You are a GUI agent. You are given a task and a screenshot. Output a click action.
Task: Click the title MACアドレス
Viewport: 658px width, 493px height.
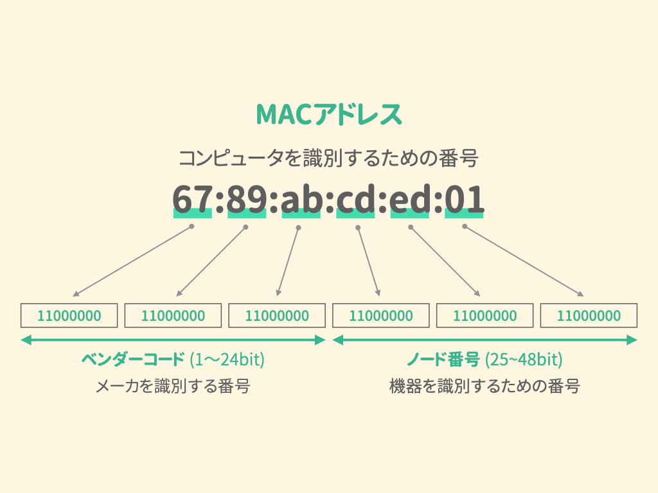(328, 114)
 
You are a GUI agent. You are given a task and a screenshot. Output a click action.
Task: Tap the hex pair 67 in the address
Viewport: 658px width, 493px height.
(192, 200)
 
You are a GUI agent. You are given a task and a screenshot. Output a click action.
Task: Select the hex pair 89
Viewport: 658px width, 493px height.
(246, 200)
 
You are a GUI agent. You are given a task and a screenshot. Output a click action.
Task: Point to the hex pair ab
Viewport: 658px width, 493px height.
(301, 200)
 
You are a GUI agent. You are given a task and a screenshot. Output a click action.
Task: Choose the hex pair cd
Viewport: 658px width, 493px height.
(355, 200)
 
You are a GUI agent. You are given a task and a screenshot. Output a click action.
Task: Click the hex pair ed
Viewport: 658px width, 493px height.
(410, 200)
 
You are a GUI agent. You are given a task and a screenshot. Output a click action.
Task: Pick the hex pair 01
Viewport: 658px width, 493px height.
(464, 200)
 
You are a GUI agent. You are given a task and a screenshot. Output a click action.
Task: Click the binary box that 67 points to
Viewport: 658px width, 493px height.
(69, 316)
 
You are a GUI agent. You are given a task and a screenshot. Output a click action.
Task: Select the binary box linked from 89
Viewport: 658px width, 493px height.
(173, 316)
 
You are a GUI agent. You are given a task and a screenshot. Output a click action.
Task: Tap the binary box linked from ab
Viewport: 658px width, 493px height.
(277, 316)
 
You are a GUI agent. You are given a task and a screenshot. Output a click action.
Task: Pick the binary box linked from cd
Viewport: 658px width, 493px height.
(381, 316)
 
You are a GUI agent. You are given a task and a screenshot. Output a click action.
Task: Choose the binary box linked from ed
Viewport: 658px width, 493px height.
(485, 316)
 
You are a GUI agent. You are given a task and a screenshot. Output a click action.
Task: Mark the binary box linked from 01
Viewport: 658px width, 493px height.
(589, 316)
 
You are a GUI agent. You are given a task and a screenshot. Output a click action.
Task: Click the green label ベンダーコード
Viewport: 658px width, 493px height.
(132, 359)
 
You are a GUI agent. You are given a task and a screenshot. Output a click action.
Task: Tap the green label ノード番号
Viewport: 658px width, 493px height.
(443, 359)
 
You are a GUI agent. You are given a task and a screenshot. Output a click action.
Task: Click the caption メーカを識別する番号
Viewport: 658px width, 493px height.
(172, 386)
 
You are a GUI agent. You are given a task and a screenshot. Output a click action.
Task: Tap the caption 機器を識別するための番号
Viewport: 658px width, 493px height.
(485, 386)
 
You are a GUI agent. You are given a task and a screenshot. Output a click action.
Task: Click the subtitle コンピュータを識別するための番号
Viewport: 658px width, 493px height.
(328, 158)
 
